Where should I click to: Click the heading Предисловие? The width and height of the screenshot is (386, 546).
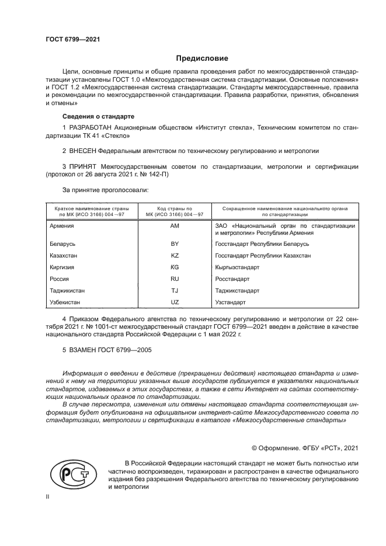pyautogui.click(x=202, y=58)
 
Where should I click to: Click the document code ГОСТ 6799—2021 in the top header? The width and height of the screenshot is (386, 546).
pyautogui.click(x=73, y=39)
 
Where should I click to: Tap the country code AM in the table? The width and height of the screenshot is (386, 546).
pyautogui.click(x=174, y=225)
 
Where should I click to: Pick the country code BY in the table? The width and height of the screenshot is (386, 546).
pyautogui.click(x=174, y=244)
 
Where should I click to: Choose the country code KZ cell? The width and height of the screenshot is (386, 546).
pyautogui.click(x=174, y=255)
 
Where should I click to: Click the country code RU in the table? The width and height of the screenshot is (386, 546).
pyautogui.click(x=174, y=279)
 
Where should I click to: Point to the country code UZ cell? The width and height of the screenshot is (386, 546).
pyautogui.click(x=174, y=302)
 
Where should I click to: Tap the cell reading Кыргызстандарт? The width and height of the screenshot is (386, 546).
pyautogui.click(x=237, y=267)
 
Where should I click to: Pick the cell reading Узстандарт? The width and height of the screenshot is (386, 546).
pyautogui.click(x=230, y=302)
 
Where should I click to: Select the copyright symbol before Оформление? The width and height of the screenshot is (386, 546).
pyautogui.click(x=255, y=448)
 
